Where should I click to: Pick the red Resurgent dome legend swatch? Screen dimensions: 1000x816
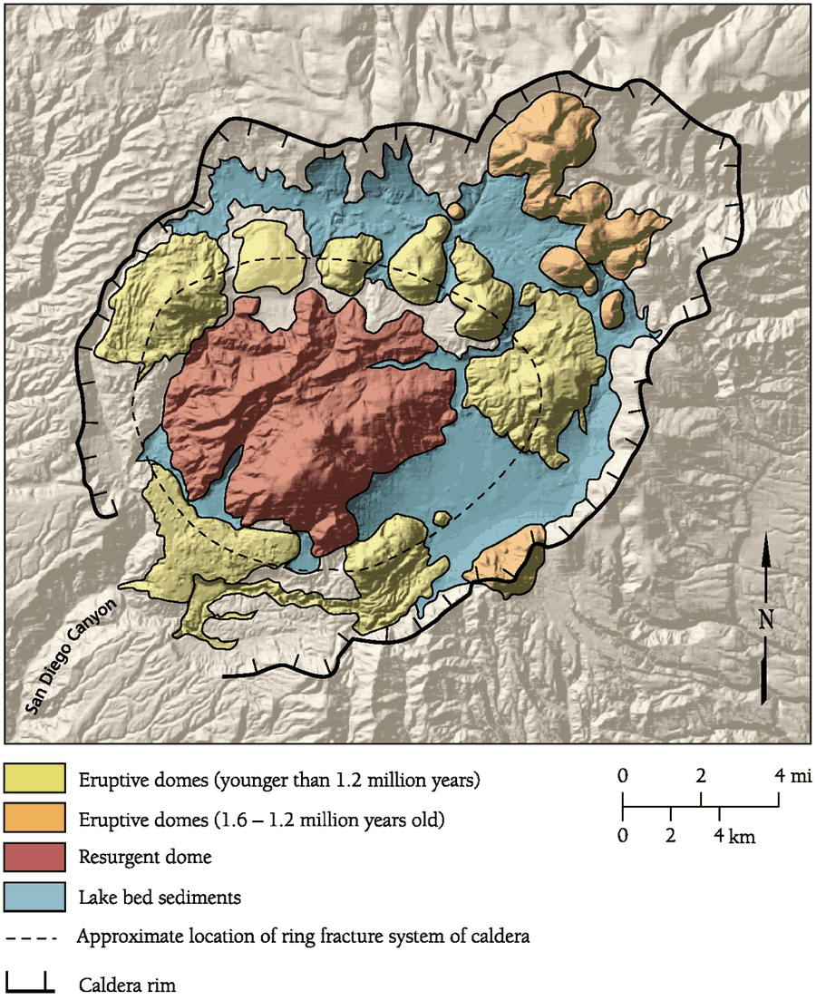(35, 856)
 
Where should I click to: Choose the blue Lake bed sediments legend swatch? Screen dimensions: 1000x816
(35, 896)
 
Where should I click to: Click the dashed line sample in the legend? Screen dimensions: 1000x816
(33, 937)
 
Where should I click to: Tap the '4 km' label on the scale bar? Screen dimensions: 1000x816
(733, 836)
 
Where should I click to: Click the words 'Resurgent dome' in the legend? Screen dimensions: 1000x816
(135, 858)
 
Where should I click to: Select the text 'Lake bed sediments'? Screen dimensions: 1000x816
(159, 898)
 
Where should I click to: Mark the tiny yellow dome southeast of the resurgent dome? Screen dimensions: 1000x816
(442, 518)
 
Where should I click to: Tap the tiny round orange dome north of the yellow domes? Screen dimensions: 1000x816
(455, 210)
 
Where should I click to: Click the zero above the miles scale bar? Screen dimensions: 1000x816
(622, 775)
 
